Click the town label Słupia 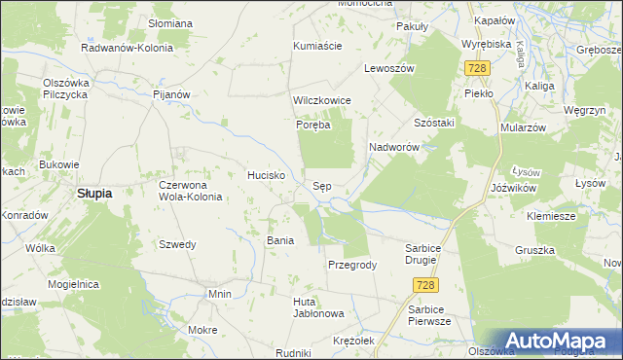pos(94,193)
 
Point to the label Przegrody pos(352,265)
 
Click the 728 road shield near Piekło pos(477,68)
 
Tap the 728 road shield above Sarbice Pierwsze pos(423,284)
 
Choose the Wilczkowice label pos(321,100)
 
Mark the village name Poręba pos(314,125)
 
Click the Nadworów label pos(393,147)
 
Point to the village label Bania pos(280,239)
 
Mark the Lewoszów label pos(389,69)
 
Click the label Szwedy pos(178,244)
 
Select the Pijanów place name pos(170,94)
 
